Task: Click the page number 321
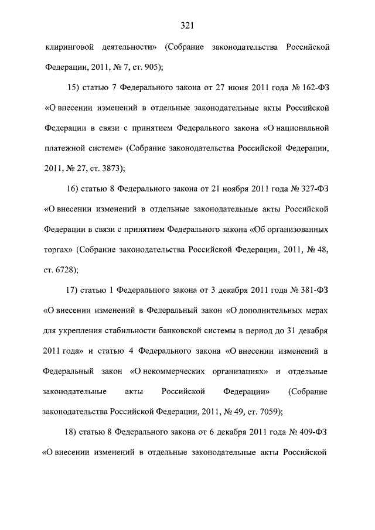coord(187,25)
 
